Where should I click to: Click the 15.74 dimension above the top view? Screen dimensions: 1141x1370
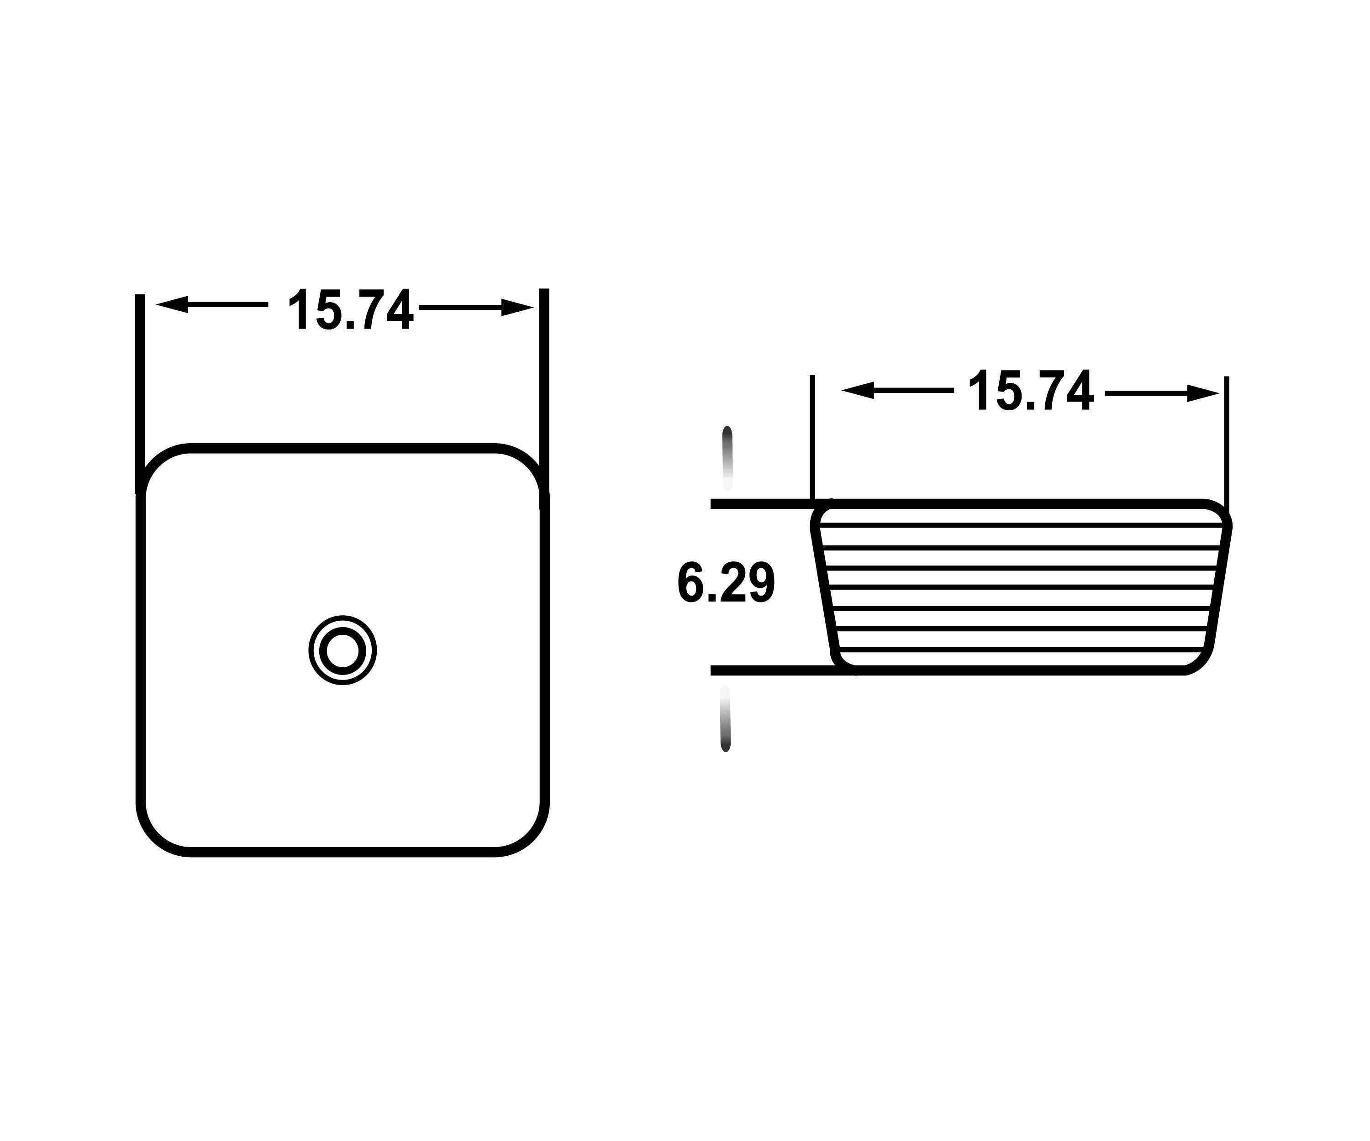pyautogui.click(x=350, y=310)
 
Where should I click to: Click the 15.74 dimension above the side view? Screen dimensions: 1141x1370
pyautogui.click(x=1030, y=391)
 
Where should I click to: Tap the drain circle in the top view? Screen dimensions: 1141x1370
pyautogui.click(x=342, y=650)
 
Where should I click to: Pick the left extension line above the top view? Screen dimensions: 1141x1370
pyautogui.click(x=140, y=391)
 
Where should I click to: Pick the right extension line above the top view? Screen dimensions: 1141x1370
pyautogui.click(x=544, y=391)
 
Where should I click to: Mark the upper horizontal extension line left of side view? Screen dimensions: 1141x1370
pyautogui.click(x=760, y=503)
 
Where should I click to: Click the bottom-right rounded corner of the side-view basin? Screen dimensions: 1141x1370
pyautogui.click(x=1202, y=660)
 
